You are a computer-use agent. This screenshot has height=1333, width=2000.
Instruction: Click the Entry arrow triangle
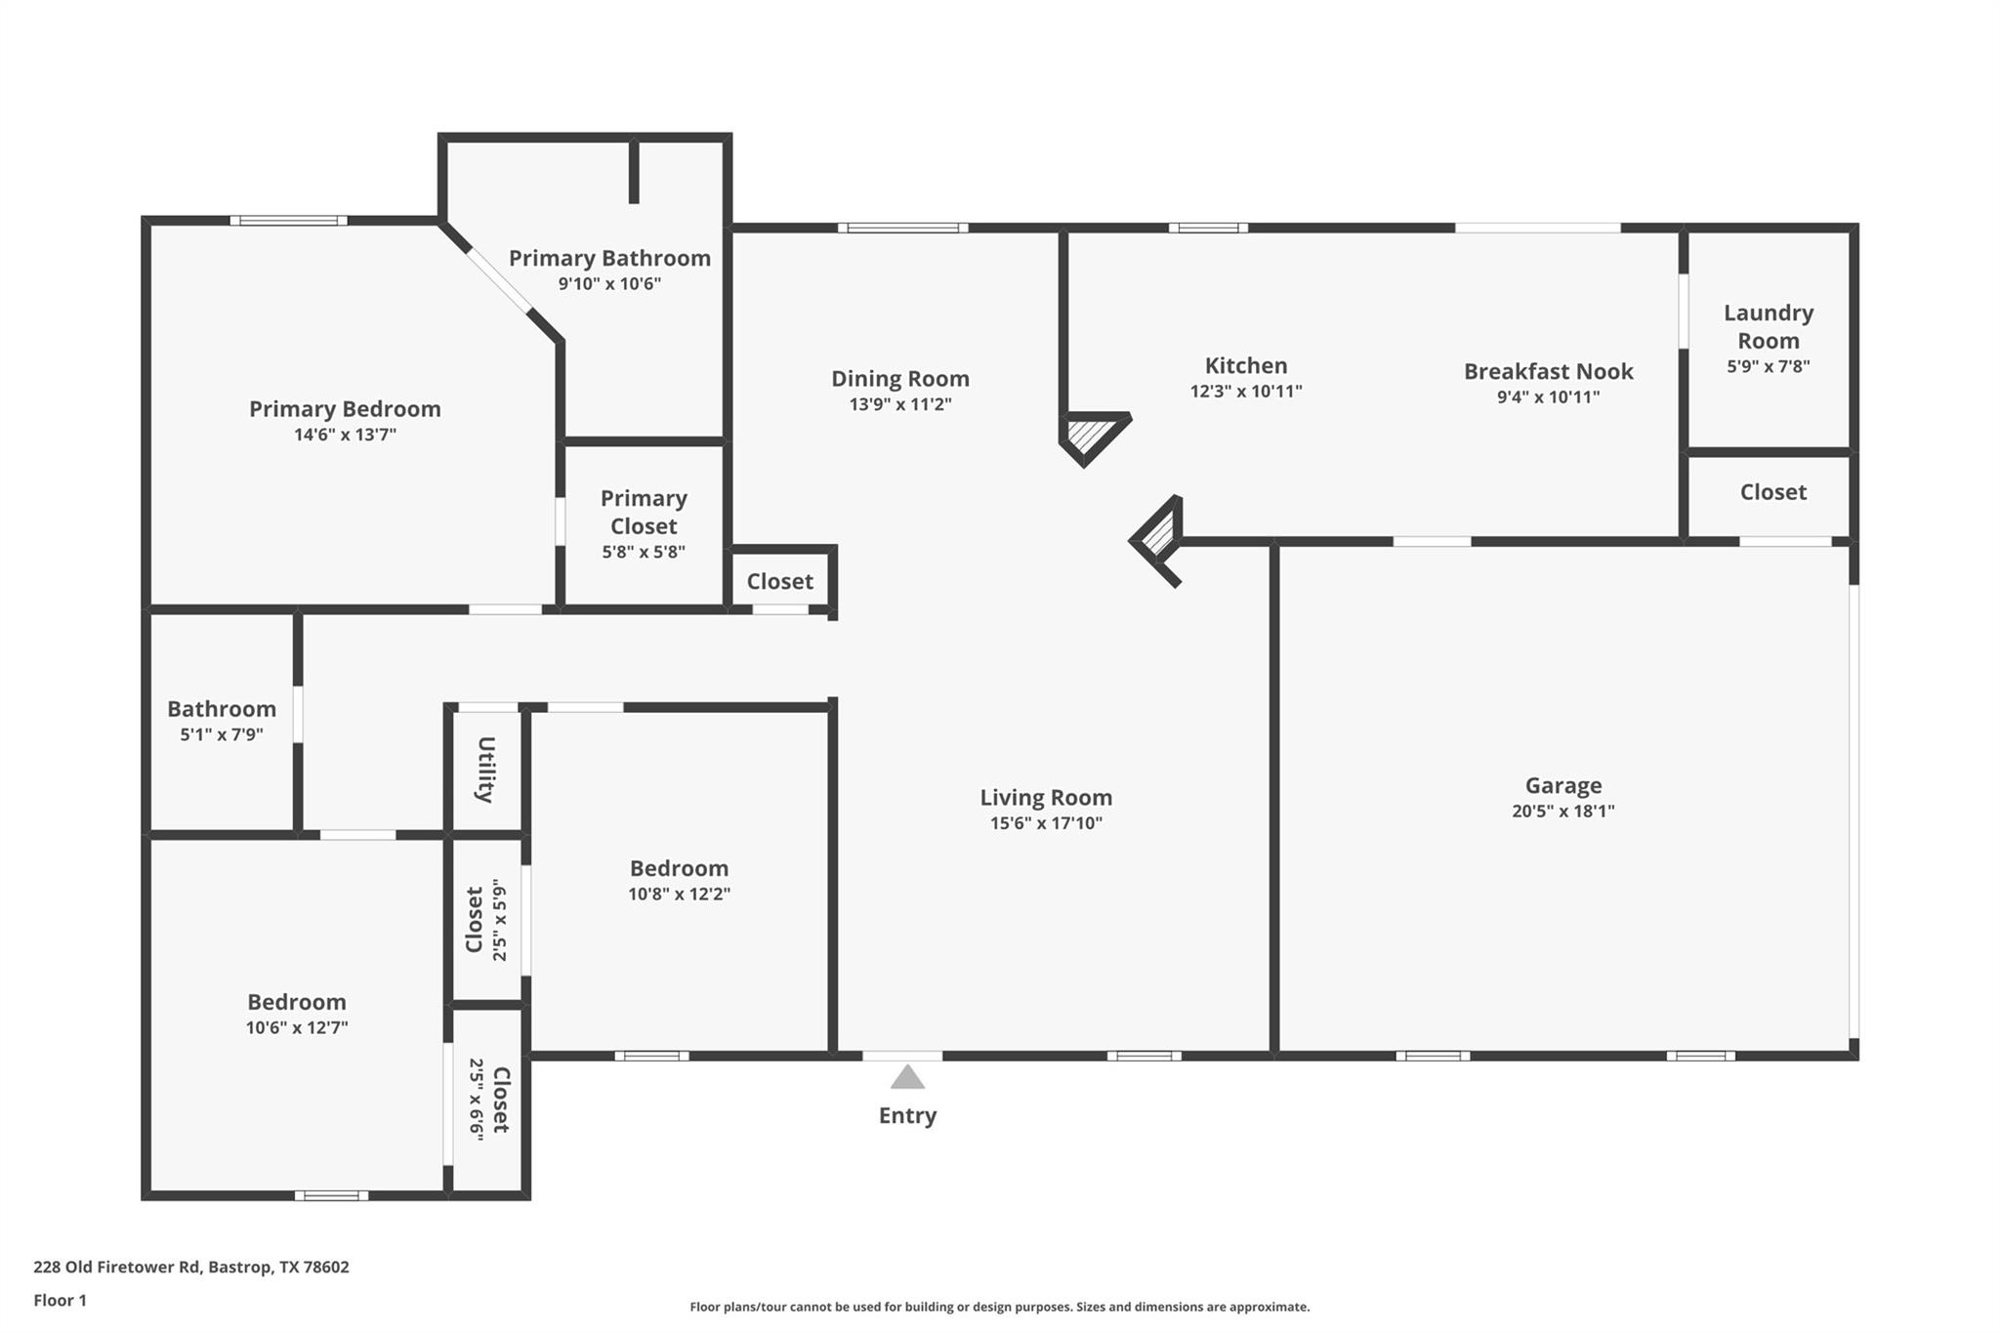click(907, 1078)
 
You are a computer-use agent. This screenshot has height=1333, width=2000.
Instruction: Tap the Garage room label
click(1562, 785)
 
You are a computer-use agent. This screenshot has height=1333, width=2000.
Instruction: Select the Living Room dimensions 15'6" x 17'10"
click(1046, 823)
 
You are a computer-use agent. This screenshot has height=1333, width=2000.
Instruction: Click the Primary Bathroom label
click(609, 258)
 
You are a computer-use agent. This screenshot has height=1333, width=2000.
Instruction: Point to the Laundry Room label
click(1768, 326)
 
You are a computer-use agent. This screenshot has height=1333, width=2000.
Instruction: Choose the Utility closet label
click(485, 770)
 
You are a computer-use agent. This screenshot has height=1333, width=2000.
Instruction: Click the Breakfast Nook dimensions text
click(1548, 397)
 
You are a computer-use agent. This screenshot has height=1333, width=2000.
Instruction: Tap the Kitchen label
click(1245, 365)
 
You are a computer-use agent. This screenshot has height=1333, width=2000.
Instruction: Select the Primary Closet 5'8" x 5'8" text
click(643, 552)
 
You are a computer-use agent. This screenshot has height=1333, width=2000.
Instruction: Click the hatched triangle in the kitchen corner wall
click(1088, 433)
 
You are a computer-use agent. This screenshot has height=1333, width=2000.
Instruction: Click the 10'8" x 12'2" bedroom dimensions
click(679, 894)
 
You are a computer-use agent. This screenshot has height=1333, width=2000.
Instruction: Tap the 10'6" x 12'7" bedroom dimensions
click(297, 1027)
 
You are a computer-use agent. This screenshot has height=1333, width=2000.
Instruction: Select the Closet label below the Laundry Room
click(1772, 492)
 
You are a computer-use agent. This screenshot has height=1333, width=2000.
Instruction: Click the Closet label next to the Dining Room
click(779, 581)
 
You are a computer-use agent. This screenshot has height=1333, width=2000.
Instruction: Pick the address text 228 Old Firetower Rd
click(190, 1267)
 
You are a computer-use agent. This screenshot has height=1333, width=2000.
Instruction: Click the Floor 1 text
click(60, 1300)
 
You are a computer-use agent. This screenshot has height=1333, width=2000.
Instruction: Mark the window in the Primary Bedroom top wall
click(288, 221)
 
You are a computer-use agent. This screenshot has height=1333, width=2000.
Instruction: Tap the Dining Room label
click(899, 378)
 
